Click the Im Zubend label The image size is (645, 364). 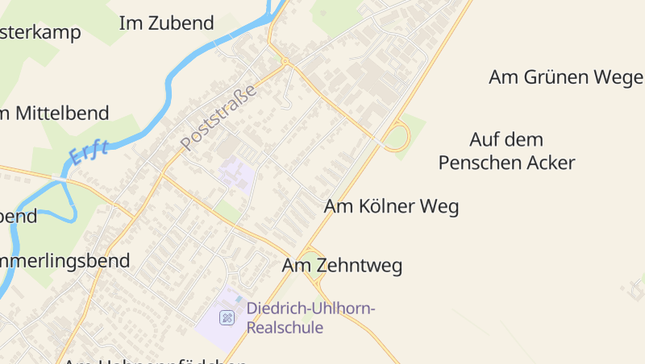tap(166, 23)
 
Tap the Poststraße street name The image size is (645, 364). tap(218, 118)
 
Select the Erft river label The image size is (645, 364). tap(89, 150)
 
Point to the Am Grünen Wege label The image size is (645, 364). tap(565, 77)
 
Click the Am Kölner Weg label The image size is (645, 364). tap(391, 206)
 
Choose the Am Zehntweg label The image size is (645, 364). tap(342, 265)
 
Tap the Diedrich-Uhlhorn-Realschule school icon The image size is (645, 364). tap(227, 317)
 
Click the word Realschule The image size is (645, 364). tap(285, 328)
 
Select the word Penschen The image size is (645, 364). tap(483, 163)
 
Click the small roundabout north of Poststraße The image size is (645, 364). tap(285, 60)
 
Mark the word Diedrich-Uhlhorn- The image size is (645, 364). tap(311, 308)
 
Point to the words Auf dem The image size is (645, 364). tap(506, 139)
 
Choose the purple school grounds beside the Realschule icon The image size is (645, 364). tap(211, 330)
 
